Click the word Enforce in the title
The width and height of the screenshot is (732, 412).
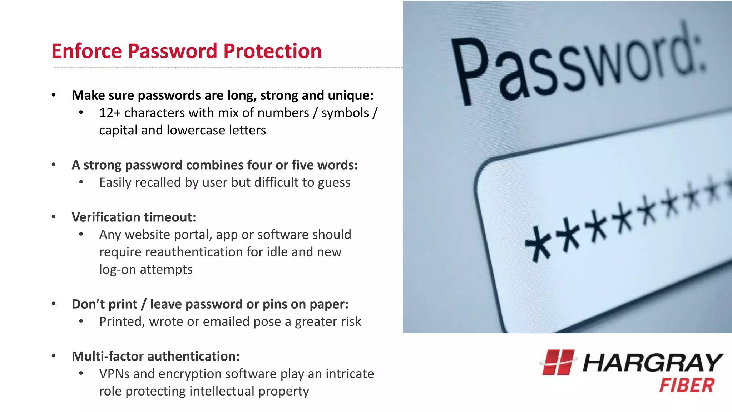coord(86,51)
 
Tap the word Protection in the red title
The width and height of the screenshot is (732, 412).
coord(272,51)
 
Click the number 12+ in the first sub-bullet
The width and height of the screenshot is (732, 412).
coord(110,113)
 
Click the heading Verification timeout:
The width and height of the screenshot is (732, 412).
coord(134,217)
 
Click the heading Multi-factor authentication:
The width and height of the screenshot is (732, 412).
coord(155,356)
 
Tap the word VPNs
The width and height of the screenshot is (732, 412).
coord(114,374)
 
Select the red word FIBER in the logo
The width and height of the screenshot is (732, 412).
coord(687,386)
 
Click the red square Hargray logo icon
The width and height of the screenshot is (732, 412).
coord(558,362)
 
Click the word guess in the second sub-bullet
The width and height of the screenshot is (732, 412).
coord(334,183)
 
